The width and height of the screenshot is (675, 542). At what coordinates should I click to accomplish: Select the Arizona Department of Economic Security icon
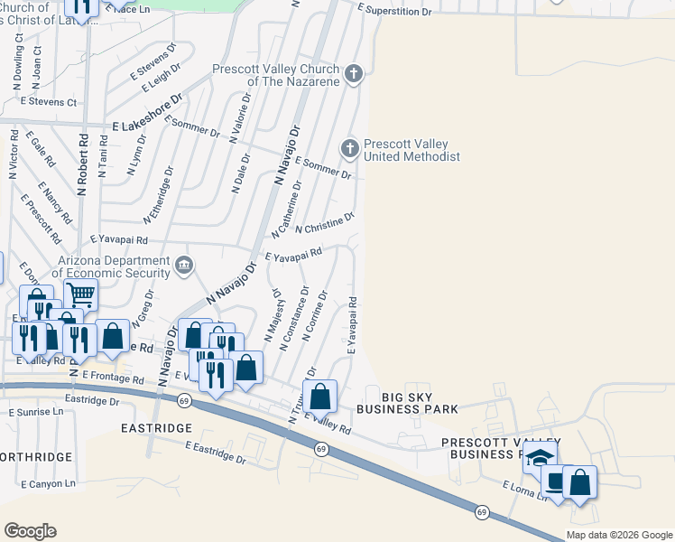[x=184, y=265]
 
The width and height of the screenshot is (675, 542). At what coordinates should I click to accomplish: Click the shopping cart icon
[x=80, y=294]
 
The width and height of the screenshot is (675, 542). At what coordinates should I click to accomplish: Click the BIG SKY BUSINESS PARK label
[x=406, y=402]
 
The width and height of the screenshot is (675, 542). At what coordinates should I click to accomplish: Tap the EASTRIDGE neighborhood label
[x=156, y=427]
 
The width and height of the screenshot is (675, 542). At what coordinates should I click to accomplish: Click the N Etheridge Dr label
[x=159, y=195]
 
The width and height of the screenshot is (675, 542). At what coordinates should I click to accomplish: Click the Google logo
[x=30, y=531]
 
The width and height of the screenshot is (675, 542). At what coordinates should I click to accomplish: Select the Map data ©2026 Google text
[x=620, y=535]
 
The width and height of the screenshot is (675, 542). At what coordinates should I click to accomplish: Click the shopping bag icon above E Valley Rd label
[x=319, y=397]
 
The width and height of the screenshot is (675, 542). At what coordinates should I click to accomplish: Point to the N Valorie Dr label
[x=239, y=118]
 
